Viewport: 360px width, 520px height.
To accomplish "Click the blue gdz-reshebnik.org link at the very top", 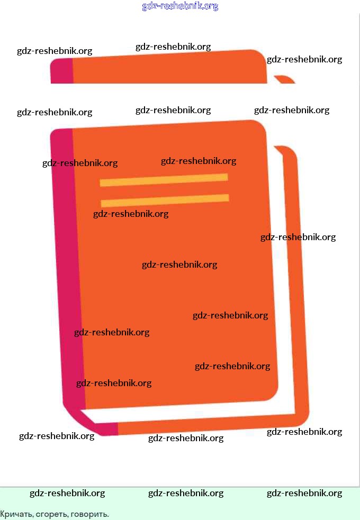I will coord(180,6).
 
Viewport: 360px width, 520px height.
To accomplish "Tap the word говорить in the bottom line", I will coord(91,514).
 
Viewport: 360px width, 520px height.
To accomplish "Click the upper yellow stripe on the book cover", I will coord(164,180).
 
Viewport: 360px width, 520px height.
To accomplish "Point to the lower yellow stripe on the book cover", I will coord(165,200).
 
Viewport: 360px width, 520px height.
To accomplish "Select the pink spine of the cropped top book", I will coord(61,71).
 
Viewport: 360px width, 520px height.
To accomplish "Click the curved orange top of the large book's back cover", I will coord(286,150).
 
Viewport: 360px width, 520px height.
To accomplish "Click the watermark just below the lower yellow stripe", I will coord(131,214).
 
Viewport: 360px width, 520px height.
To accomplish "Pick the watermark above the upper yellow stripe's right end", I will coord(199,161).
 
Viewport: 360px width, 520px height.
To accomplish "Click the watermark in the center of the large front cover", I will coord(179,264).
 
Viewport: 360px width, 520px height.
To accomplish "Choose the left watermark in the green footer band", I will coord(67,493).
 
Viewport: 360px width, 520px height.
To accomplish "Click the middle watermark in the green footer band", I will coord(186,493).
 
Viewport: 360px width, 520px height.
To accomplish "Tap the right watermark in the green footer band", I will coord(304,493).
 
